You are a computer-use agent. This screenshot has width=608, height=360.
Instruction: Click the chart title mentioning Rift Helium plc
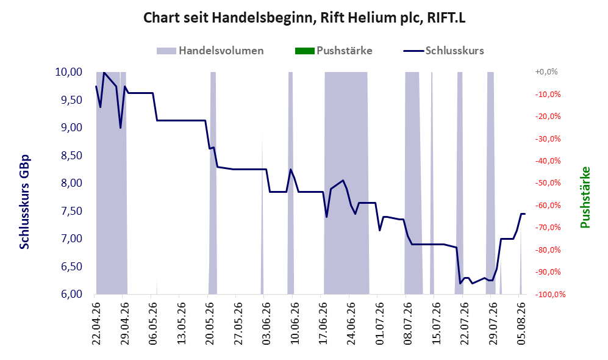pos(304,18)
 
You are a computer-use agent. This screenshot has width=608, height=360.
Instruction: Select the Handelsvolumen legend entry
pos(210,51)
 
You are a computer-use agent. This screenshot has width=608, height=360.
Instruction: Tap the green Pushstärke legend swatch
pos(304,51)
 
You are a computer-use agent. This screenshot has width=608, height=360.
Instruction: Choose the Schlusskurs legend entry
pos(443,51)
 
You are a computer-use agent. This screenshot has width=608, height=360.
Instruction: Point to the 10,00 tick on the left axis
pos(69,72)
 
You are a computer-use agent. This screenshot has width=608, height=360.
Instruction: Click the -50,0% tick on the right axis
pos(548,182)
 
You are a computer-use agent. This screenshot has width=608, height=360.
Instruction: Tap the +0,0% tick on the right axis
pos(546,72)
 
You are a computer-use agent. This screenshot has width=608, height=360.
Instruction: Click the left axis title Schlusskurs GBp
pos(24,202)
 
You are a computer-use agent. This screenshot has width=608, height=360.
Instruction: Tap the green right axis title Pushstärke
pos(585,198)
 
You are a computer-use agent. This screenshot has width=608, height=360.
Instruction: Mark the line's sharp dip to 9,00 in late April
pos(120,128)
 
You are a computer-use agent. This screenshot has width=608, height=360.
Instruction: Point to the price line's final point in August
pos(524,214)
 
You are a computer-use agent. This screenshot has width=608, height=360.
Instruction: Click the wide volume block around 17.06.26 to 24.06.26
pos(346,182)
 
